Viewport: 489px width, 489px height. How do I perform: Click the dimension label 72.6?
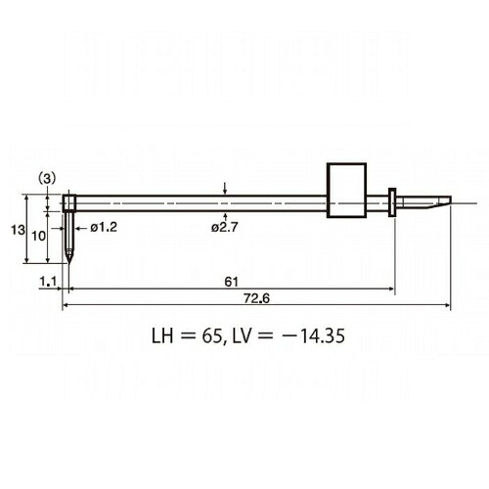tap(257, 298)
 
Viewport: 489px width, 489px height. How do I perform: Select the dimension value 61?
tap(231, 282)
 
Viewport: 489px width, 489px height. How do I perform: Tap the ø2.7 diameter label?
tap(225, 227)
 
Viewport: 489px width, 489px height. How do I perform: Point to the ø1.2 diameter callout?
tap(104, 227)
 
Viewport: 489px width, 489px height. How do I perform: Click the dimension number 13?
tap(18, 230)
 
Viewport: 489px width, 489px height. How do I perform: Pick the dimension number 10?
tap(38, 236)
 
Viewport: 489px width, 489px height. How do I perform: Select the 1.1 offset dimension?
tap(48, 281)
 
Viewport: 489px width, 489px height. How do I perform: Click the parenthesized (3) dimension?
tap(47, 179)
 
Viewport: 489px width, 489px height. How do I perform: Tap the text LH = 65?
tap(183, 335)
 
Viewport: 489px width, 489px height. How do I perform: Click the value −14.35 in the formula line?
tap(312, 335)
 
